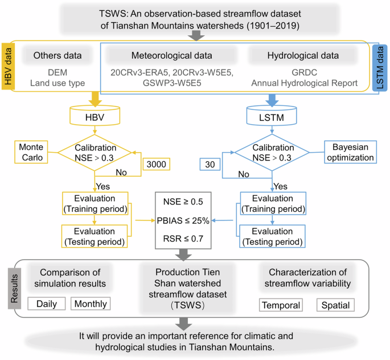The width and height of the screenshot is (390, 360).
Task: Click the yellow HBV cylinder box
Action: tap(95, 117)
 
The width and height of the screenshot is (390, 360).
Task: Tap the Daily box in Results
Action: tap(47, 304)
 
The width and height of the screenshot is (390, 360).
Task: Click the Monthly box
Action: tap(91, 304)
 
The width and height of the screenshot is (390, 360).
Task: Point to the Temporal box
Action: tap(280, 305)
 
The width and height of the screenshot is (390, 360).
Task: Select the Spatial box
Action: tap(335, 305)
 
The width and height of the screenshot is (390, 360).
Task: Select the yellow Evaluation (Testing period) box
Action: tap(95, 235)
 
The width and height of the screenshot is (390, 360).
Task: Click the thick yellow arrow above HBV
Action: tap(95, 100)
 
